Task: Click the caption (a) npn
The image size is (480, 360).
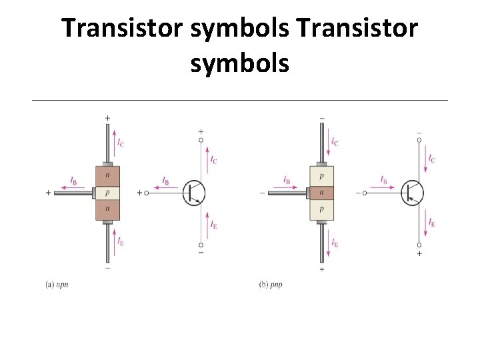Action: (57, 284)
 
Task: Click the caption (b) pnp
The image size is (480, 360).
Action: (270, 284)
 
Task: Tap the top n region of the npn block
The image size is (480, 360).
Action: (107, 175)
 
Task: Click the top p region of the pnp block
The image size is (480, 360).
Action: (322, 175)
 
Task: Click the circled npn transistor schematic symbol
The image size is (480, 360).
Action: (194, 193)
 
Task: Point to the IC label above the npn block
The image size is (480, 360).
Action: (120, 142)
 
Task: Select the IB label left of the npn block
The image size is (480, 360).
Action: (73, 180)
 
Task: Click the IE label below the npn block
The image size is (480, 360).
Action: (120, 241)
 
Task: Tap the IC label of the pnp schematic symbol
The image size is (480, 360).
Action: (432, 159)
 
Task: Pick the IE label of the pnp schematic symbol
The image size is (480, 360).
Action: (432, 223)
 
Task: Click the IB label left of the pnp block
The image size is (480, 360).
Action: (286, 180)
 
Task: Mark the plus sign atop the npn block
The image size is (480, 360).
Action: (107, 118)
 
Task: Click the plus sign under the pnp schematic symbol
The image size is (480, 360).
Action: (419, 253)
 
